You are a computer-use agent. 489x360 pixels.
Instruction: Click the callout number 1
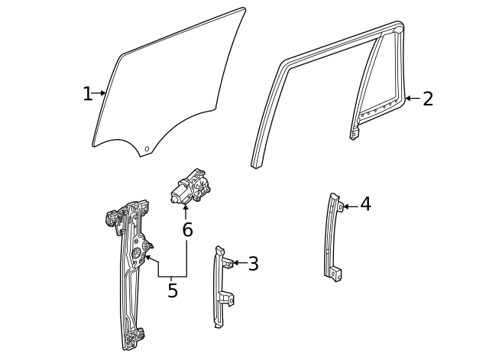click(x=87, y=94)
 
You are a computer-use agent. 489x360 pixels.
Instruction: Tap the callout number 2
click(x=427, y=99)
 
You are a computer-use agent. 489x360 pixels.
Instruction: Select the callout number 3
click(x=253, y=264)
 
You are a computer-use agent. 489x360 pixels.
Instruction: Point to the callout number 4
click(x=365, y=204)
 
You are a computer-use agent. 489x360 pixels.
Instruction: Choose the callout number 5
click(x=173, y=290)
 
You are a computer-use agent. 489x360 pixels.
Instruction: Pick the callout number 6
click(x=187, y=229)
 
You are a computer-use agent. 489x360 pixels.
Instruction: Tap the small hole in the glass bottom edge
click(x=148, y=147)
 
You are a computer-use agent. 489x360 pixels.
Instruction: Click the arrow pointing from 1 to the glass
click(x=100, y=94)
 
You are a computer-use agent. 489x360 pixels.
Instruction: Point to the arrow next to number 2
click(x=411, y=99)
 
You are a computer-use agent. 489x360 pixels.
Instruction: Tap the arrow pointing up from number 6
click(x=186, y=210)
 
